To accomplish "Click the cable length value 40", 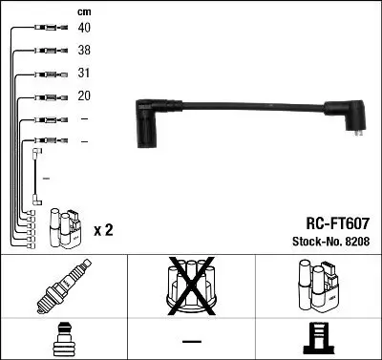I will (85, 28).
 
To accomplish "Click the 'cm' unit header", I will (84, 11).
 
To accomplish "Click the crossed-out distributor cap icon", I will (191, 286).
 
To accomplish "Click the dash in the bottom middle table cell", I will (191, 341).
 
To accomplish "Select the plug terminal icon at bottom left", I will (64, 340).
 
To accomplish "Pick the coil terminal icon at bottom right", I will (318, 340).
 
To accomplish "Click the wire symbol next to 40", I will (47, 29).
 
